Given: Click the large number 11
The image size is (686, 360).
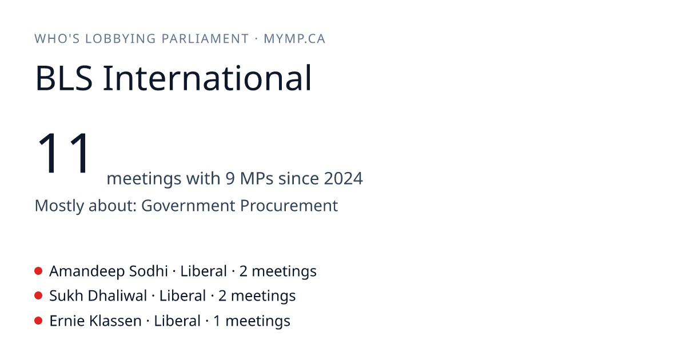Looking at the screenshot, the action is pyautogui.click(x=63, y=153).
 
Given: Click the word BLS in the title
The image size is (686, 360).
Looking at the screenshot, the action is pyautogui.click(x=63, y=78).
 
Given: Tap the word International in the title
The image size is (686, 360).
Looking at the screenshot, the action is pyautogui.click(x=208, y=78).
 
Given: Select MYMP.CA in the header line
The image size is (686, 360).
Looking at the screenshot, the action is pyautogui.click(x=294, y=39).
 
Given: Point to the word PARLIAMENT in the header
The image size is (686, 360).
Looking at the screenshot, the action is pyautogui.click(x=205, y=39).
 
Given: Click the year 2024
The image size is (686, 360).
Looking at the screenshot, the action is pyautogui.click(x=344, y=178).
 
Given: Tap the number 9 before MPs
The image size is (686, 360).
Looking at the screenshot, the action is pyautogui.click(x=230, y=178).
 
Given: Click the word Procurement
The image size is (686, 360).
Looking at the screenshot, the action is pyautogui.click(x=289, y=205).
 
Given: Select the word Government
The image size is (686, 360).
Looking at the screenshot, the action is pyautogui.click(x=188, y=205).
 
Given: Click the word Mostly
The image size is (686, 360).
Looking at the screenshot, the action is pyautogui.click(x=59, y=206).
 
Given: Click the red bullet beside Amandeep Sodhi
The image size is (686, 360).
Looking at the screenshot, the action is pyautogui.click(x=38, y=271).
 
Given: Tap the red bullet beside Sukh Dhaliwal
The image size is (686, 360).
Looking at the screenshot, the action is pyautogui.click(x=38, y=296).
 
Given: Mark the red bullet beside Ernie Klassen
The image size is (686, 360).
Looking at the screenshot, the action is pyautogui.click(x=38, y=321).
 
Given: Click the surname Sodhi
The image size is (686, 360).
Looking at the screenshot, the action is pyautogui.click(x=148, y=271).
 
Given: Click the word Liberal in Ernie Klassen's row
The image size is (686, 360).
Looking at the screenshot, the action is pyautogui.click(x=177, y=321).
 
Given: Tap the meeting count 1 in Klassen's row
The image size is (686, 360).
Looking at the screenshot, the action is pyautogui.click(x=217, y=321).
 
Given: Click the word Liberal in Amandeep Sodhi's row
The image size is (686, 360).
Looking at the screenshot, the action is pyautogui.click(x=204, y=271).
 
